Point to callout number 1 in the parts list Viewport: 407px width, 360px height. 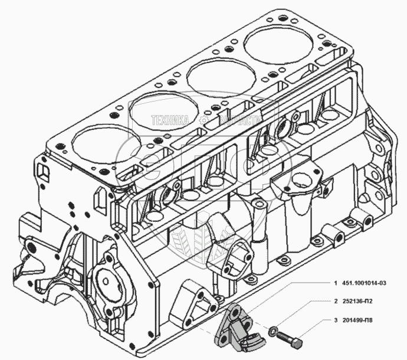[335, 284]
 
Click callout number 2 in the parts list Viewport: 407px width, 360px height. [335, 301]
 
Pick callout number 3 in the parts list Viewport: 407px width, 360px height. [335, 322]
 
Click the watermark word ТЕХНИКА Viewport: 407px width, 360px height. [170, 120]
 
